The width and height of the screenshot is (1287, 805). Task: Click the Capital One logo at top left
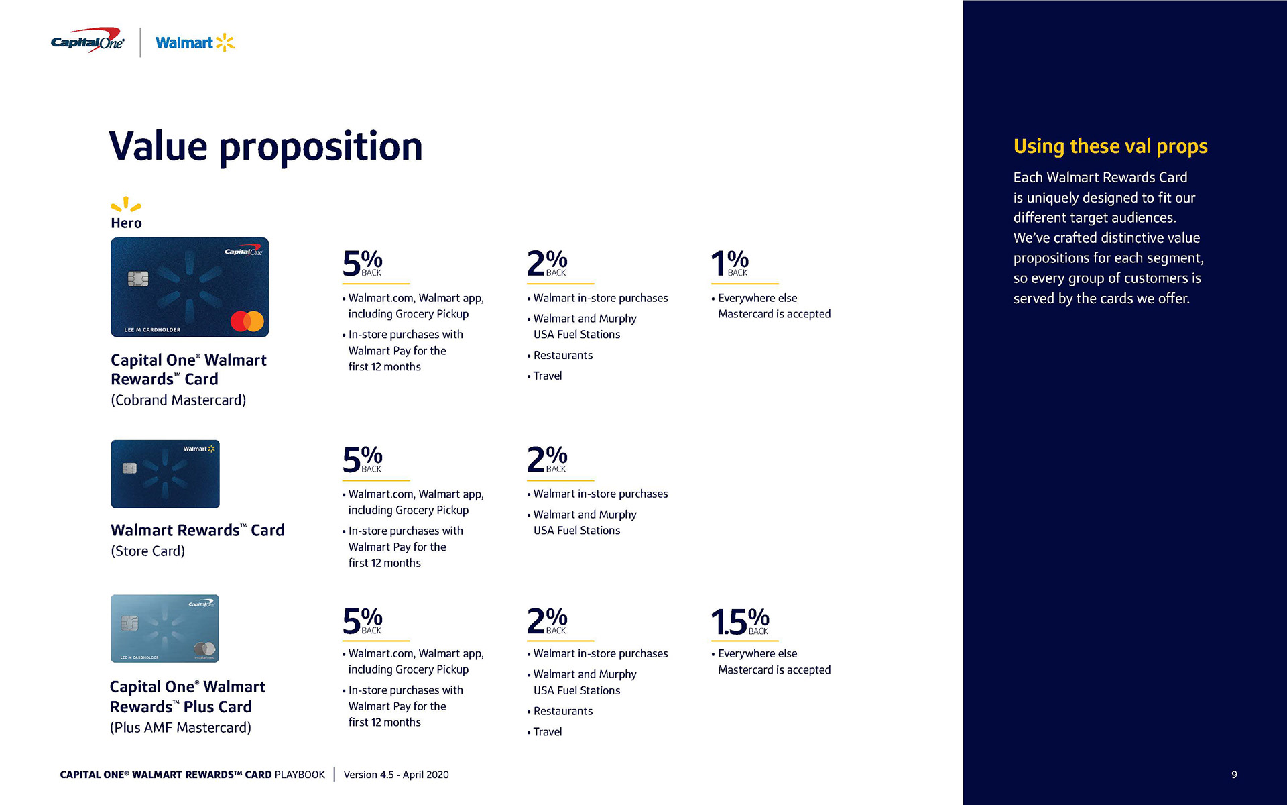click(87, 42)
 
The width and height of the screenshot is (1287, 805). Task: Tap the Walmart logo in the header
click(194, 43)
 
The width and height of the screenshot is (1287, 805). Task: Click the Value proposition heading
click(265, 146)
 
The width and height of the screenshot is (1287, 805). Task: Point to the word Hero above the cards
click(126, 223)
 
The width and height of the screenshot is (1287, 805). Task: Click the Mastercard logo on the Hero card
click(247, 321)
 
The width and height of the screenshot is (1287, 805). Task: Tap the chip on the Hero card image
click(138, 279)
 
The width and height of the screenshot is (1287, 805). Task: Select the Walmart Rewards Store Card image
click(165, 474)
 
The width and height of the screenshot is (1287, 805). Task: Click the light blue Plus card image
click(165, 629)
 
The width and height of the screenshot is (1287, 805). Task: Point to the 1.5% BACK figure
click(739, 622)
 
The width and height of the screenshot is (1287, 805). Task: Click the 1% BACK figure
click(729, 263)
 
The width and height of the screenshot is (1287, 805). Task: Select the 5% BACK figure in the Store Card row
click(363, 460)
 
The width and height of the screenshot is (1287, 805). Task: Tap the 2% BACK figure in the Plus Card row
click(547, 621)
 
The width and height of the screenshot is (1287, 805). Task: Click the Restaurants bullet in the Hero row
click(562, 355)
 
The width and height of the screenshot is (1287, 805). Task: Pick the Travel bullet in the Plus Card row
click(547, 732)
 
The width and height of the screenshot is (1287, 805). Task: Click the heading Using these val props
click(1110, 146)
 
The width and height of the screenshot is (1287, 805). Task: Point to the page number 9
click(1234, 775)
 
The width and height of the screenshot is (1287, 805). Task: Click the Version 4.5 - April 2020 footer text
click(396, 775)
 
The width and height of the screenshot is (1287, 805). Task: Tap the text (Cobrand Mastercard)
click(178, 400)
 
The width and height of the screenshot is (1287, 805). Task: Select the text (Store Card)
click(147, 551)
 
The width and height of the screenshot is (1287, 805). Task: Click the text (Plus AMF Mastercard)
click(180, 728)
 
